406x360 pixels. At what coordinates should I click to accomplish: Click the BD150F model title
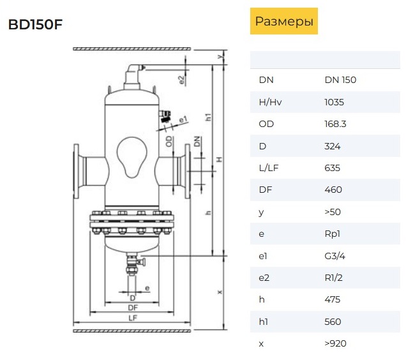pos(36,25)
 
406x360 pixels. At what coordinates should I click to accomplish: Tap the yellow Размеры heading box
pos(284,21)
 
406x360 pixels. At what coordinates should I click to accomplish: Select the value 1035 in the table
pos(334,102)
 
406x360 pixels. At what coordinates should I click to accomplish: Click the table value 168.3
pos(335,124)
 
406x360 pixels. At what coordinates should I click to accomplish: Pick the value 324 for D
pos(333,146)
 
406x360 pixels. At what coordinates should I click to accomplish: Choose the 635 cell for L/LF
pos(332,168)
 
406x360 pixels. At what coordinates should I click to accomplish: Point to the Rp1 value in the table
pos(332,234)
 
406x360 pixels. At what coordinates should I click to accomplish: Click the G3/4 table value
pos(335,256)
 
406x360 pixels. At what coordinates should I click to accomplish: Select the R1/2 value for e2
pos(333,278)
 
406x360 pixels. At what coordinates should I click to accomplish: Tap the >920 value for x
pos(335,343)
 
